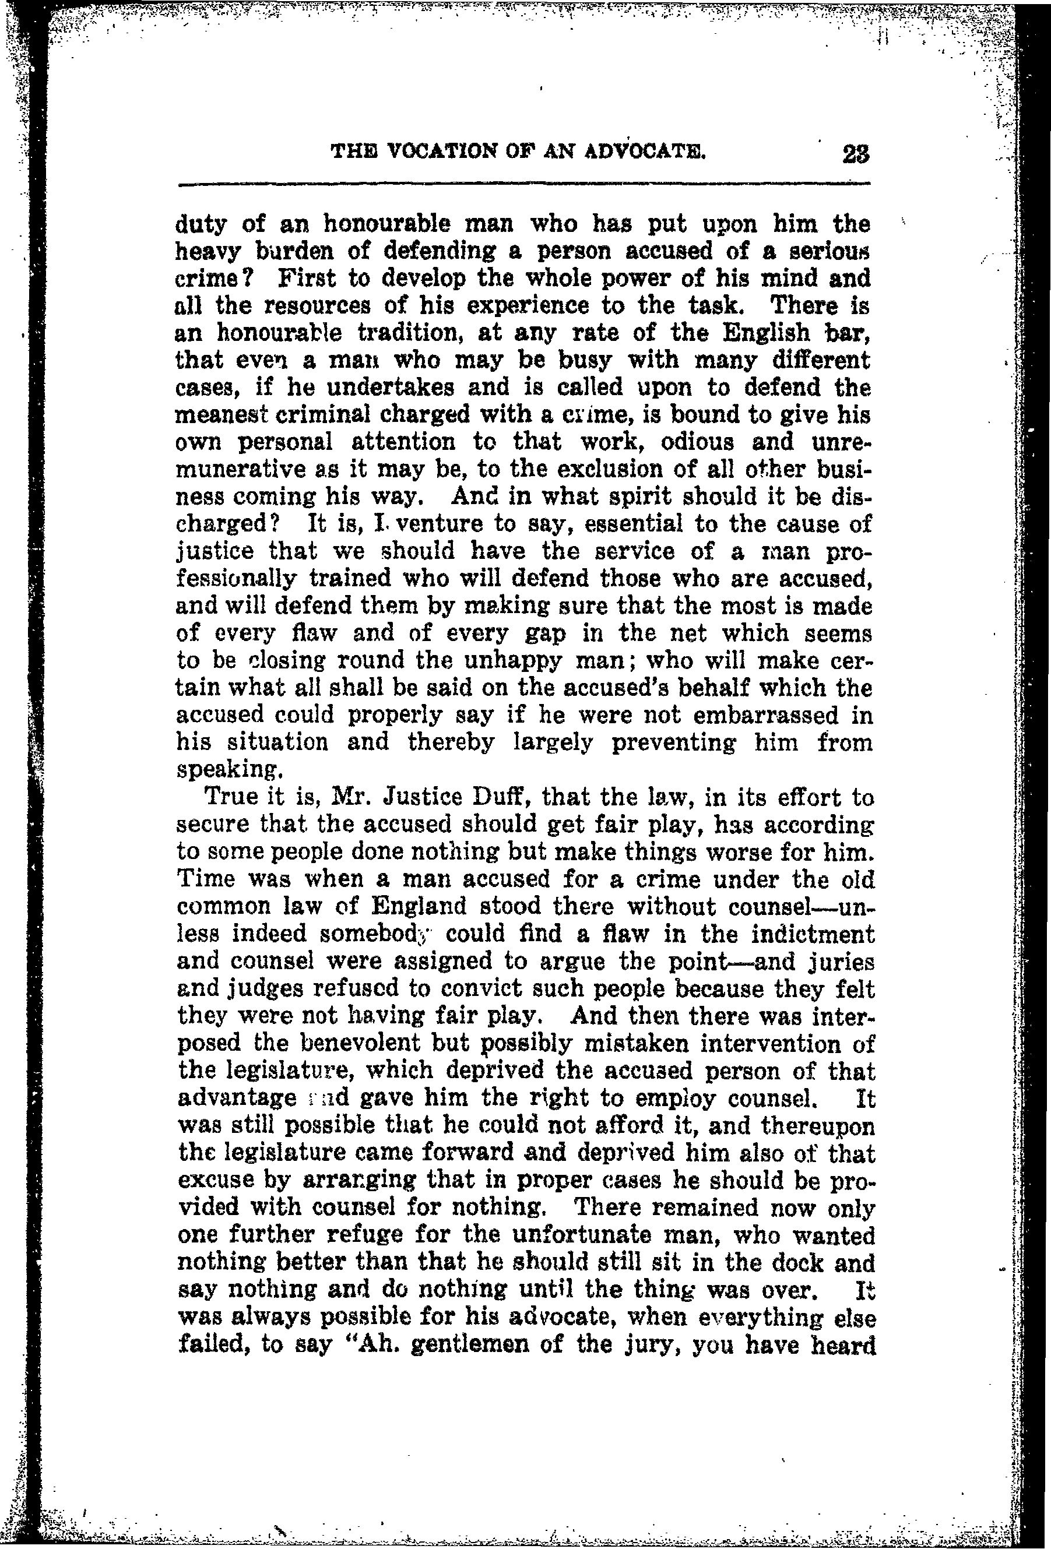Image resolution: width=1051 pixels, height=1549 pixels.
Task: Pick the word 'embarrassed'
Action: coord(765,715)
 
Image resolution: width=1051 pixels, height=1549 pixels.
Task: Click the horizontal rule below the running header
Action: coord(524,185)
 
